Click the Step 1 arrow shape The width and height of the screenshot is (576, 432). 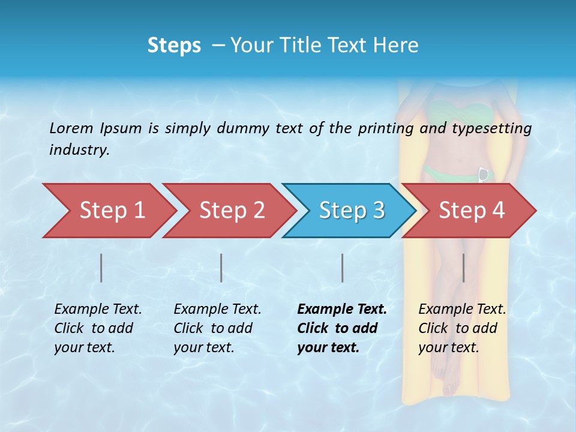[x=112, y=210]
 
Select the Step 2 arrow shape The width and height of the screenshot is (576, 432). [x=232, y=210]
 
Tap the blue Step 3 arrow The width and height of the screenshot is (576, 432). [x=352, y=210]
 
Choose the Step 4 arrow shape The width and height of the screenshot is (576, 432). [x=472, y=210]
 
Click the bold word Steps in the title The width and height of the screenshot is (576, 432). [x=174, y=46]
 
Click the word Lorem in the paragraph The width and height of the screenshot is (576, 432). [x=71, y=128]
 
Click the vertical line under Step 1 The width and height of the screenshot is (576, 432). [x=101, y=268]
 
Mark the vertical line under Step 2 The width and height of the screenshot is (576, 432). [x=221, y=268]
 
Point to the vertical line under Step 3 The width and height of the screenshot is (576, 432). [x=342, y=268]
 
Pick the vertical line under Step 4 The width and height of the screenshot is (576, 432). [x=463, y=268]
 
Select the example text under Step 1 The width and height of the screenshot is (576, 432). [x=98, y=328]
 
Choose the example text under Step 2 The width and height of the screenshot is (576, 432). [x=217, y=328]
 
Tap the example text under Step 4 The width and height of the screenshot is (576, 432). [x=462, y=328]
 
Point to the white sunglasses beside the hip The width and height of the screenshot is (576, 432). [x=484, y=175]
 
